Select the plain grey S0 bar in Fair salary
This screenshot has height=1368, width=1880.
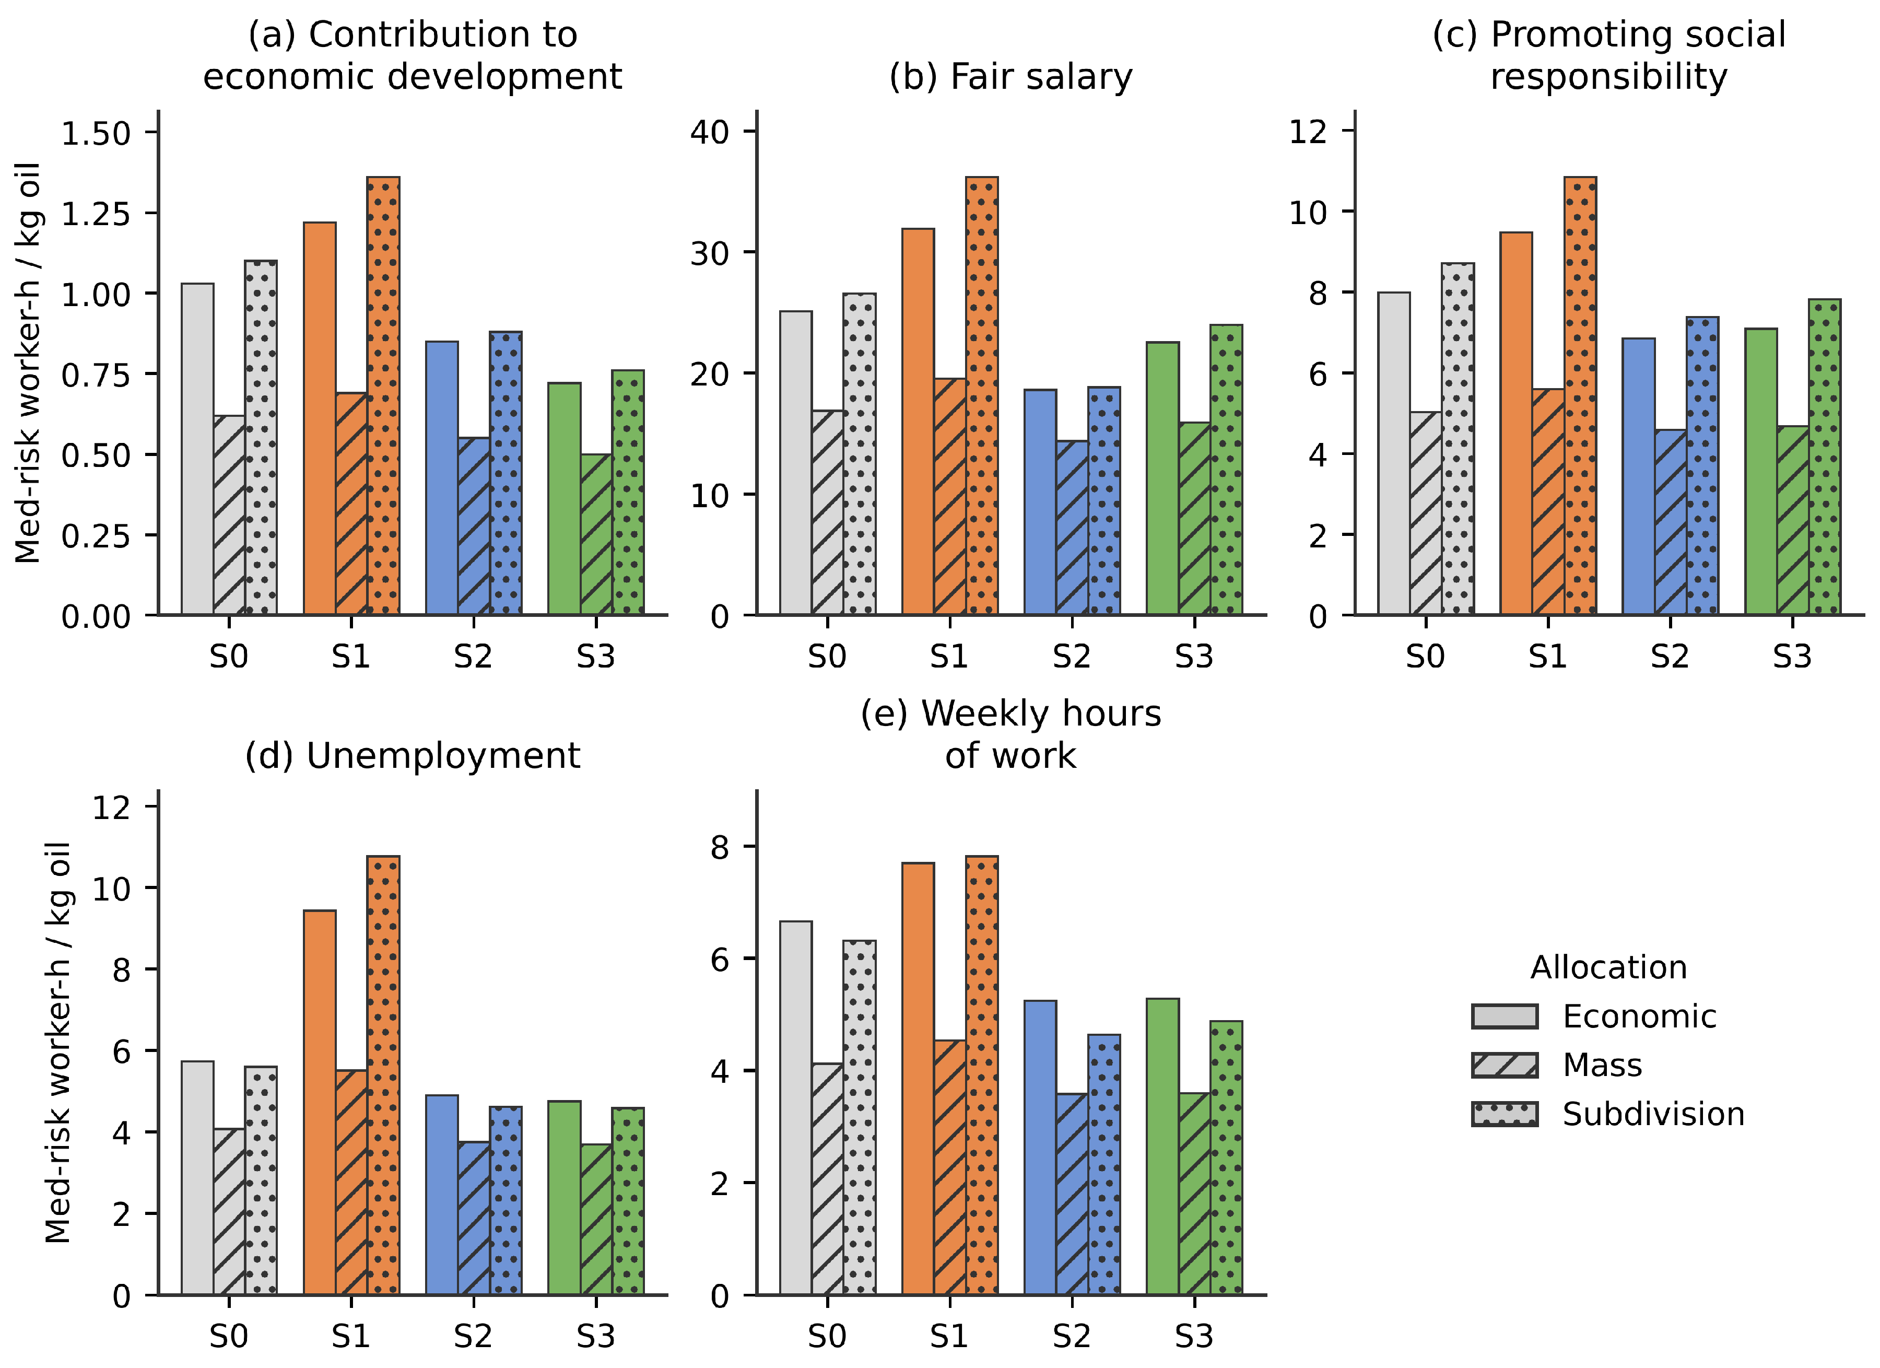point(796,463)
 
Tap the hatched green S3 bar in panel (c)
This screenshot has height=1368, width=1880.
point(1793,521)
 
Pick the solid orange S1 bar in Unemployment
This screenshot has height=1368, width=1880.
point(320,1103)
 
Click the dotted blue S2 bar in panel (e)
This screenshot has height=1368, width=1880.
point(1104,1165)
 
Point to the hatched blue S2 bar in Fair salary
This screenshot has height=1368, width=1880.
point(1073,528)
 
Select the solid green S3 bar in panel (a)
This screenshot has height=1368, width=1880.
point(565,499)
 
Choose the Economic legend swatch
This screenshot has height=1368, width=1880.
point(1505,1016)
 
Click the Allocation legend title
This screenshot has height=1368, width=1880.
point(1608,967)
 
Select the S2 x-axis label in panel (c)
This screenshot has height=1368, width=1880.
point(1670,657)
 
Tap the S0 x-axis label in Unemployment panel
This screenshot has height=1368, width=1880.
point(229,1337)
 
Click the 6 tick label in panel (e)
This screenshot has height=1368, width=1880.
point(720,959)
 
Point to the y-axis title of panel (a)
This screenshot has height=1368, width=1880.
point(29,363)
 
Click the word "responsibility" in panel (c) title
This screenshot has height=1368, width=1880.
point(1609,77)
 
